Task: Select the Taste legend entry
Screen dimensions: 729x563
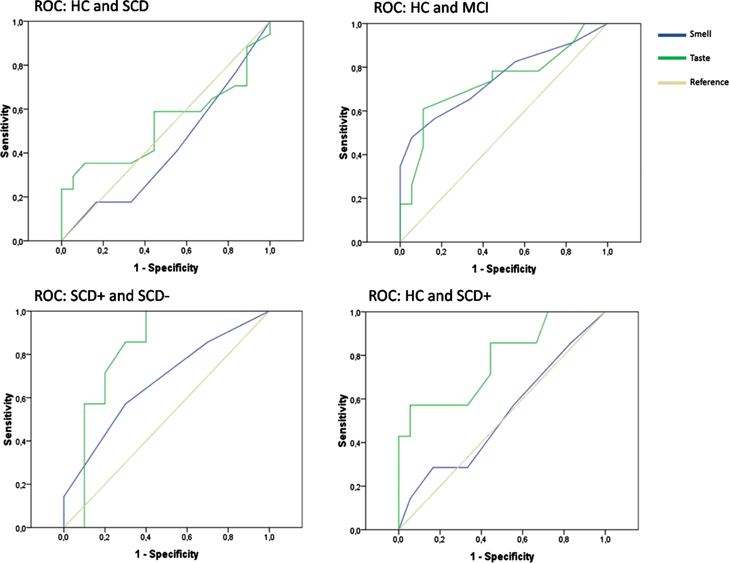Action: tap(684, 58)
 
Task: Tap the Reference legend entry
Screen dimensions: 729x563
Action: tap(693, 82)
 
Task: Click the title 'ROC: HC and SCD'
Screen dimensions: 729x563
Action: tap(92, 6)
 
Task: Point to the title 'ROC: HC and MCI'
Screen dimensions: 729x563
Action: tap(431, 8)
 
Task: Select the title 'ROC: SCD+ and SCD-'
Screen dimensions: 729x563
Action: tap(102, 296)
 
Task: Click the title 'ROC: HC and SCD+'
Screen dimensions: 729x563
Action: tap(430, 296)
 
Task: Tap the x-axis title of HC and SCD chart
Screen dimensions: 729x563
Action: tap(166, 268)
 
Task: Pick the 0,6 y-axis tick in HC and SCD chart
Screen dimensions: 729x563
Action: tap(18, 110)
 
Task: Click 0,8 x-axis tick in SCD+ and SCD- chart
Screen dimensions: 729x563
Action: tap(228, 538)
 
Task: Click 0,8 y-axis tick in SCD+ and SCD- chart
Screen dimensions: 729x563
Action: tap(21, 355)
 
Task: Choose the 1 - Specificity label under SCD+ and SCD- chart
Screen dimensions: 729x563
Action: tap(167, 554)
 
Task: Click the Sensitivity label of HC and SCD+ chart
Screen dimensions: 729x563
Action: tap(343, 421)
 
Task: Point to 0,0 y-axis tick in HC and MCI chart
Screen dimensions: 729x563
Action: tap(357, 243)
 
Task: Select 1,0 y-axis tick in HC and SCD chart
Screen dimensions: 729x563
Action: tap(18, 22)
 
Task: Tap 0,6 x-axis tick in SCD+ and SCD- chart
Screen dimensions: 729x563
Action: tap(187, 538)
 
